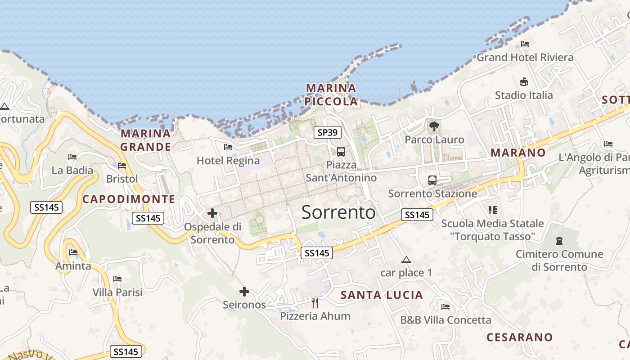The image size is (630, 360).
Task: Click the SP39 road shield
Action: pos(328,132)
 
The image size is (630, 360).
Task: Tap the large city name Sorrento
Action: pos(338,212)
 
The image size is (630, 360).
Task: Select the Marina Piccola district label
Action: pos(331,94)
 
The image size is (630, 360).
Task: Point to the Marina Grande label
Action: pos(146,140)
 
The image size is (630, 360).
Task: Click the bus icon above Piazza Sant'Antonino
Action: pos(341,151)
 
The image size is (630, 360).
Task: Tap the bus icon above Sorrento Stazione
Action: pos(432,180)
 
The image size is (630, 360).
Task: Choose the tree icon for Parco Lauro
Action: pos(434,126)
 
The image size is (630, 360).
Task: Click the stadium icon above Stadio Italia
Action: pos(524,82)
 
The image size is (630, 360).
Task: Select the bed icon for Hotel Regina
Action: pos(228,147)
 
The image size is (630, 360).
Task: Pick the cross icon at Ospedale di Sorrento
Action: pos(212,213)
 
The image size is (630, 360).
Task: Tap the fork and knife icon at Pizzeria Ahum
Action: pos(315,303)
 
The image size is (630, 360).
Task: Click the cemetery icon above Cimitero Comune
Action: pos(559,241)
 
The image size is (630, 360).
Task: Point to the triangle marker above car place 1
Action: pos(406,260)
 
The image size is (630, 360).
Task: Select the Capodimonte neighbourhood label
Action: pos(129,199)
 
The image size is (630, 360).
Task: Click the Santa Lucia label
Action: pos(382,295)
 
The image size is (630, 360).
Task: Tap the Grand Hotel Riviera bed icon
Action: pos(525,44)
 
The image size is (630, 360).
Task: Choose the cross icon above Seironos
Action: pos(244,292)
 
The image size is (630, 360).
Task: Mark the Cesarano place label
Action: pos(520,337)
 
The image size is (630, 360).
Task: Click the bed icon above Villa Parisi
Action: pos(117,279)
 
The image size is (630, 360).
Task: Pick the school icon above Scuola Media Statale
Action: pos(492,210)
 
